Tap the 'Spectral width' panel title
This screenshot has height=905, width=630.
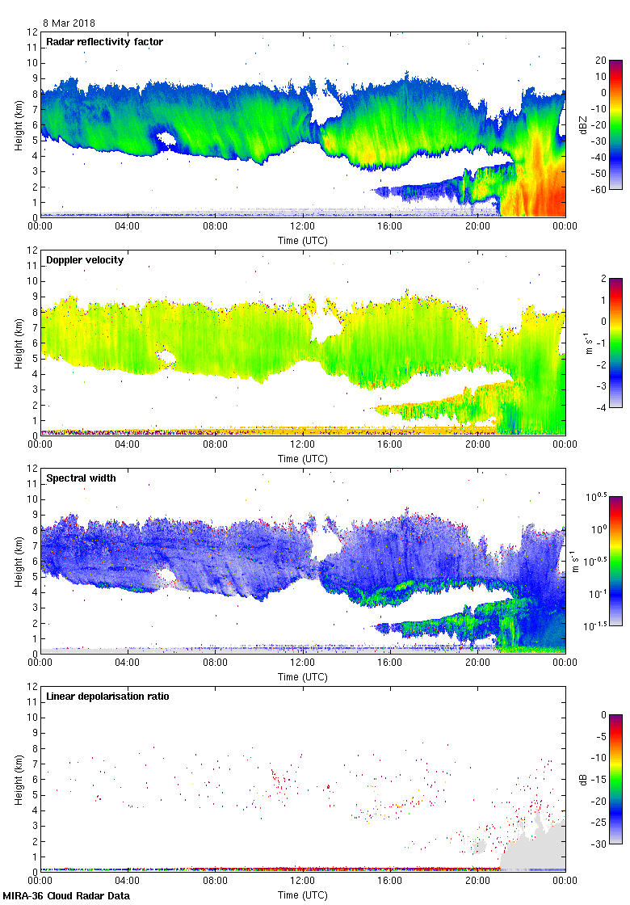pyautogui.click(x=81, y=478)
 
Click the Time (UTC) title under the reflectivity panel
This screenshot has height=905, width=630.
pyautogui.click(x=303, y=240)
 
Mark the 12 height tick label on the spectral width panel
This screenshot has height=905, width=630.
pyautogui.click(x=32, y=469)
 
